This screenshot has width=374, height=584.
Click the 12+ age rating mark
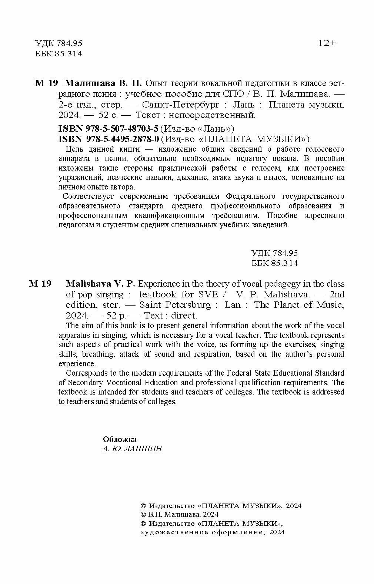[x=327, y=43]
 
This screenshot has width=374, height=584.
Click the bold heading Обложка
[x=120, y=439]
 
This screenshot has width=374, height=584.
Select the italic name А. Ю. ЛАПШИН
[x=132, y=449]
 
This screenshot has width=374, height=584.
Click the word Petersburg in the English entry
[x=189, y=305]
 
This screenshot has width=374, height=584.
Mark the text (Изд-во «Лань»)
[x=197, y=129]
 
